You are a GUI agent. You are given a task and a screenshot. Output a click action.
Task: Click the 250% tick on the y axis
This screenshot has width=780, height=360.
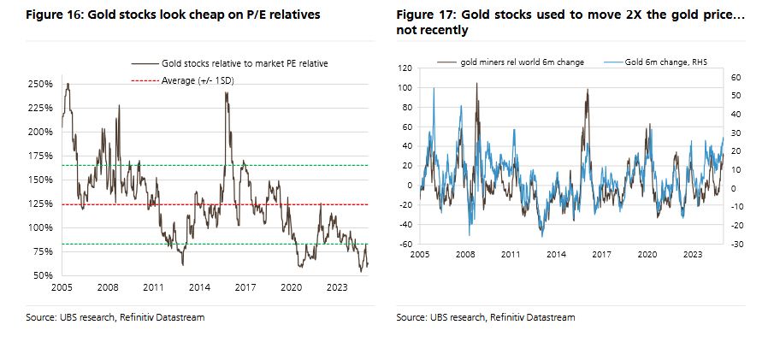[41, 84]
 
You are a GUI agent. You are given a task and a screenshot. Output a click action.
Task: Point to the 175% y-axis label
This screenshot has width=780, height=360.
[41, 156]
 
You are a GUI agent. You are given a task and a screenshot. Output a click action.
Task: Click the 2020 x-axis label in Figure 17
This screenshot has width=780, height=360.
[647, 255]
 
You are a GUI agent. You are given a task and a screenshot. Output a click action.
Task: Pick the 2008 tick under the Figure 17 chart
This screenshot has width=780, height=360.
[465, 255]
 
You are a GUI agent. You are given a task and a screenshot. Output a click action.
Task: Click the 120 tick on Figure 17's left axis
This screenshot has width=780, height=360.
[405, 68]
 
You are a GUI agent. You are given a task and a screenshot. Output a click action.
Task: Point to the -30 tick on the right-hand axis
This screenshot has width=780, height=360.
[739, 245]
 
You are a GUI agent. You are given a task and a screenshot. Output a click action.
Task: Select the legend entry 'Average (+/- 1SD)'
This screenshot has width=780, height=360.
[198, 80]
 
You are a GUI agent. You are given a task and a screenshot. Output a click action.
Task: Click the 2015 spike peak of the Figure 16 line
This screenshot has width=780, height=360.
[226, 92]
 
